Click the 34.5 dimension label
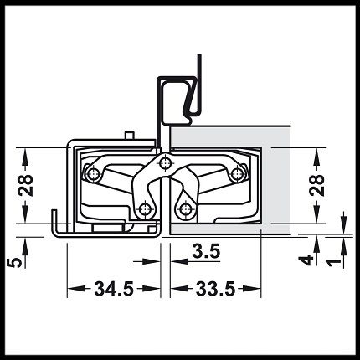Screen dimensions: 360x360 tap(114, 289)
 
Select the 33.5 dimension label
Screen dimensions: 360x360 tap(215, 289)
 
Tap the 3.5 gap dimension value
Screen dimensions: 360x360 tap(207, 251)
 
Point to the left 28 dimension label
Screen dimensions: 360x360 tap(26, 186)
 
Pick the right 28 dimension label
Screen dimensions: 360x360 tap(317, 186)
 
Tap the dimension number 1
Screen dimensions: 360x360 tap(334, 263)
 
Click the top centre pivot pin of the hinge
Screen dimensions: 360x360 tap(166, 162)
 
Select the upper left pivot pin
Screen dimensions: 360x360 tap(93, 174)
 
